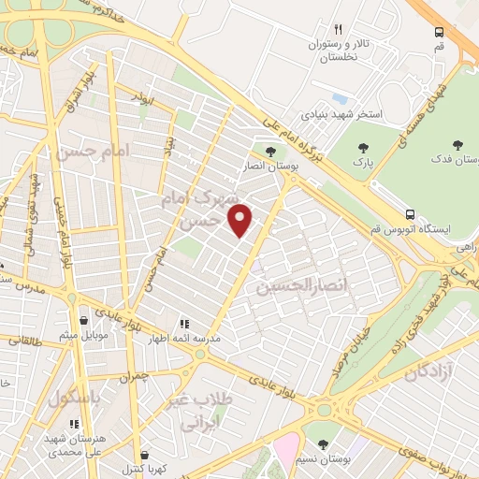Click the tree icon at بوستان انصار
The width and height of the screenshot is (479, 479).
tap(270, 152)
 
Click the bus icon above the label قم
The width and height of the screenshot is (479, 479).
tap(439, 31)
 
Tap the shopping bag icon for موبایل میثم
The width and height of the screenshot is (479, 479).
tap(85, 320)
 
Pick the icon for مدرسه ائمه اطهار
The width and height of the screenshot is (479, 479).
tap(185, 325)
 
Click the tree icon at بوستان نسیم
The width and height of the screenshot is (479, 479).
tap(323, 442)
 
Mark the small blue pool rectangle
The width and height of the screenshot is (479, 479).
tap(340, 97)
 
